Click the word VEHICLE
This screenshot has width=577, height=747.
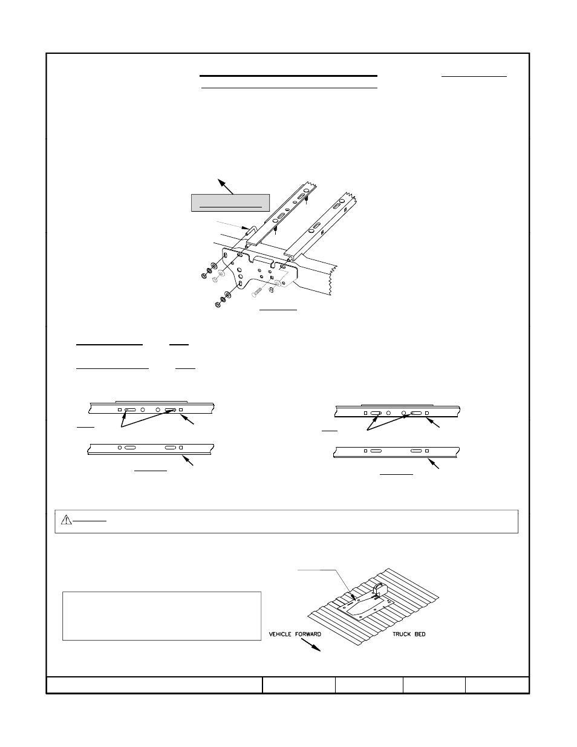coord(282,634)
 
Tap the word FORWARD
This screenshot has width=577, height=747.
coord(308,634)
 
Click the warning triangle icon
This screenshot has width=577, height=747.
coord(65,519)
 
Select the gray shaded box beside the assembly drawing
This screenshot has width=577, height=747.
coord(229,203)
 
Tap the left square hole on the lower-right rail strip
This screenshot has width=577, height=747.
coord(365,451)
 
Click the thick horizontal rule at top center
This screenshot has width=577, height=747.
coord(288,76)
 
